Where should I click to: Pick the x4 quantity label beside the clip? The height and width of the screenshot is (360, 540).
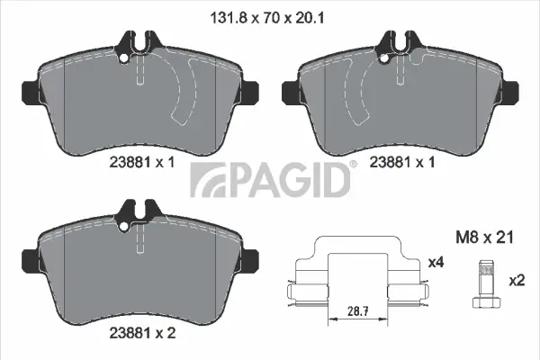point(436,262)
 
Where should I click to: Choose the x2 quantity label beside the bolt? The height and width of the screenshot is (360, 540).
point(516,280)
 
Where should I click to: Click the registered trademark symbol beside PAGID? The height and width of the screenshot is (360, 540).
point(353,164)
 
